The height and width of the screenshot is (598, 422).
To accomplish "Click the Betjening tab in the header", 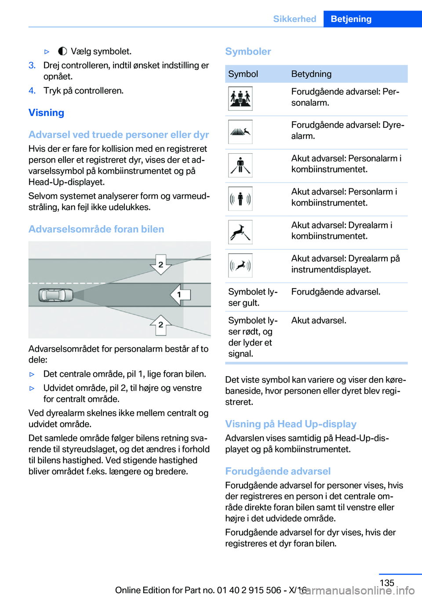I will [x=351, y=19].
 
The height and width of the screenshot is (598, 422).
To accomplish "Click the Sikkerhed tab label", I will [x=295, y=19].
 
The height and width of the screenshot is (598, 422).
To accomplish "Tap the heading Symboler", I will [x=248, y=51].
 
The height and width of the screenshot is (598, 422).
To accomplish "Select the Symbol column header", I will [x=243, y=74].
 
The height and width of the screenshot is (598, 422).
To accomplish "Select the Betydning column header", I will [x=311, y=74].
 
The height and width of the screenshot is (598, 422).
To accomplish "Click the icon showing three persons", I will [x=240, y=98].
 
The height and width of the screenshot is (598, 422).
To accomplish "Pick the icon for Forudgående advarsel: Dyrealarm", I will [x=240, y=132].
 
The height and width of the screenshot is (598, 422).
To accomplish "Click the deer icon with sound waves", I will [x=240, y=265].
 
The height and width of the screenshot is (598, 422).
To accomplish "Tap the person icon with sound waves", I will [x=240, y=198].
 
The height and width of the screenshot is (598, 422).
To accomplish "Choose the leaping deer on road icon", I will [x=240, y=232].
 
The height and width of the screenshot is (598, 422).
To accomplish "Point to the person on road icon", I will [x=240, y=165].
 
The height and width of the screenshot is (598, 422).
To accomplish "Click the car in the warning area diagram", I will [x=55, y=295].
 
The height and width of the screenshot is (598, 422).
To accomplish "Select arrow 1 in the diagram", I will [x=180, y=295].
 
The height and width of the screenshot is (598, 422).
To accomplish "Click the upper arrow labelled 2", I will [x=161, y=264].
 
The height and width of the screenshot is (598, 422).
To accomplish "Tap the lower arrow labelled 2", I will [x=161, y=325].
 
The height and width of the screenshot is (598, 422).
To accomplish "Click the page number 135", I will [x=387, y=583].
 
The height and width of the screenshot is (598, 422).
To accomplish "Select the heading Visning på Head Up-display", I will [x=291, y=424].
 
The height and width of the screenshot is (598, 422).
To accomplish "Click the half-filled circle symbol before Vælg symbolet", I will [x=62, y=51].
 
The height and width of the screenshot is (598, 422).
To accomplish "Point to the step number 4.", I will [x=32, y=90].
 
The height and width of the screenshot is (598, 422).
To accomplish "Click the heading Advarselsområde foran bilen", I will [x=96, y=229].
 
